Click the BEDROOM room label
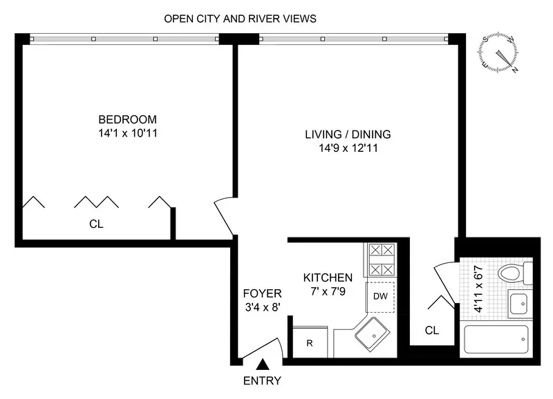tap(126, 119)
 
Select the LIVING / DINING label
tap(348, 134)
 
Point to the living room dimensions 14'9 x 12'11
tap(348, 147)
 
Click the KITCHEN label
tap(328, 278)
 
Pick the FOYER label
tap(262, 293)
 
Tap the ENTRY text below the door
tap(262, 380)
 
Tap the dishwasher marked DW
tap(379, 296)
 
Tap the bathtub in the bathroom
tap(497, 340)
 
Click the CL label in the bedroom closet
tap(96, 224)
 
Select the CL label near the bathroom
tap(432, 331)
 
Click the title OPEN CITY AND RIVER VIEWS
tap(240, 19)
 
